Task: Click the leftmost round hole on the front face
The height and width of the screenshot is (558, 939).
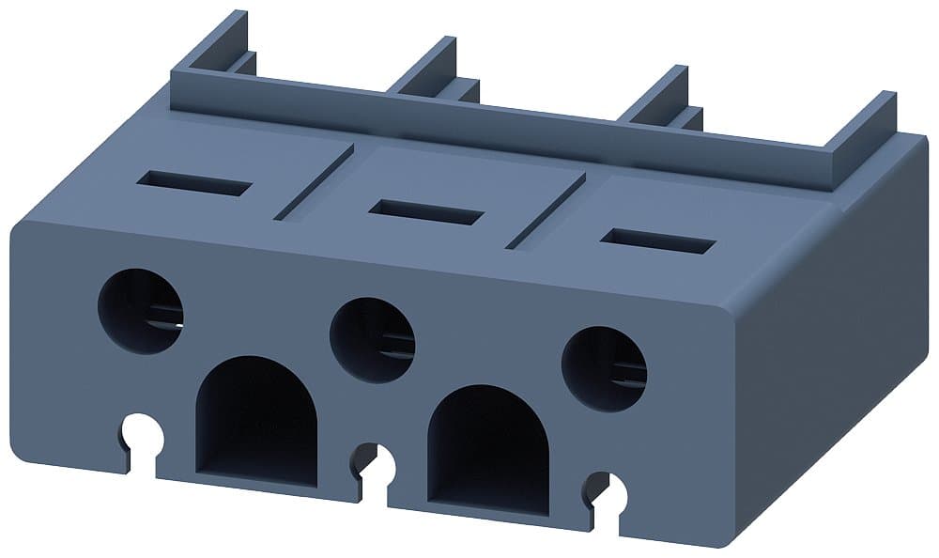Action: [141, 311]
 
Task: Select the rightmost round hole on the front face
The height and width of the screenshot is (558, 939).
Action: [604, 368]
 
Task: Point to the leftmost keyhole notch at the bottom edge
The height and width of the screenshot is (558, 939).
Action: [141, 434]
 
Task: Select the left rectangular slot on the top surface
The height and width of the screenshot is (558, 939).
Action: [193, 182]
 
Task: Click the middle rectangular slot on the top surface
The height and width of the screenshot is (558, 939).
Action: [425, 211]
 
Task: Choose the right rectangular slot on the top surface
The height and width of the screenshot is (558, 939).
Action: [657, 240]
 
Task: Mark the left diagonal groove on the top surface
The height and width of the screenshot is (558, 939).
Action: [314, 182]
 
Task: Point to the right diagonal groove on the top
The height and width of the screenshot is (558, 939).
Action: [546, 210]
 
